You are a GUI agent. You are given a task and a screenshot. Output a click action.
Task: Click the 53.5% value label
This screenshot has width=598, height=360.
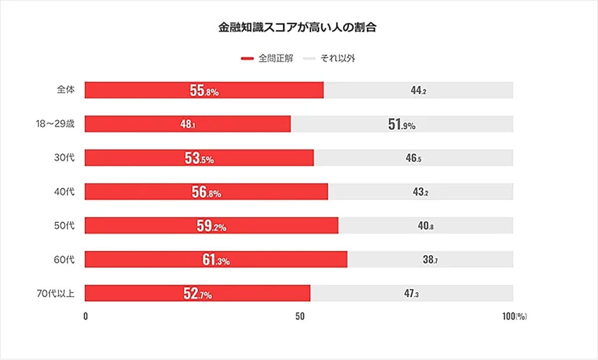pyautogui.click(x=199, y=159)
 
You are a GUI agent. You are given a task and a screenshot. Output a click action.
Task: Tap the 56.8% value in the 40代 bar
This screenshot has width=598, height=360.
pyautogui.click(x=206, y=192)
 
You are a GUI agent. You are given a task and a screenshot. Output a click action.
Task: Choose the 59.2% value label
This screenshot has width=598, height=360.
pyautogui.click(x=211, y=226)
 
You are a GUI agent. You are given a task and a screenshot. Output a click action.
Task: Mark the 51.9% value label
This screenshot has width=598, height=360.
pyautogui.click(x=402, y=124)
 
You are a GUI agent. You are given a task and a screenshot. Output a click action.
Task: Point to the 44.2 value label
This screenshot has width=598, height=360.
pyautogui.click(x=418, y=91)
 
